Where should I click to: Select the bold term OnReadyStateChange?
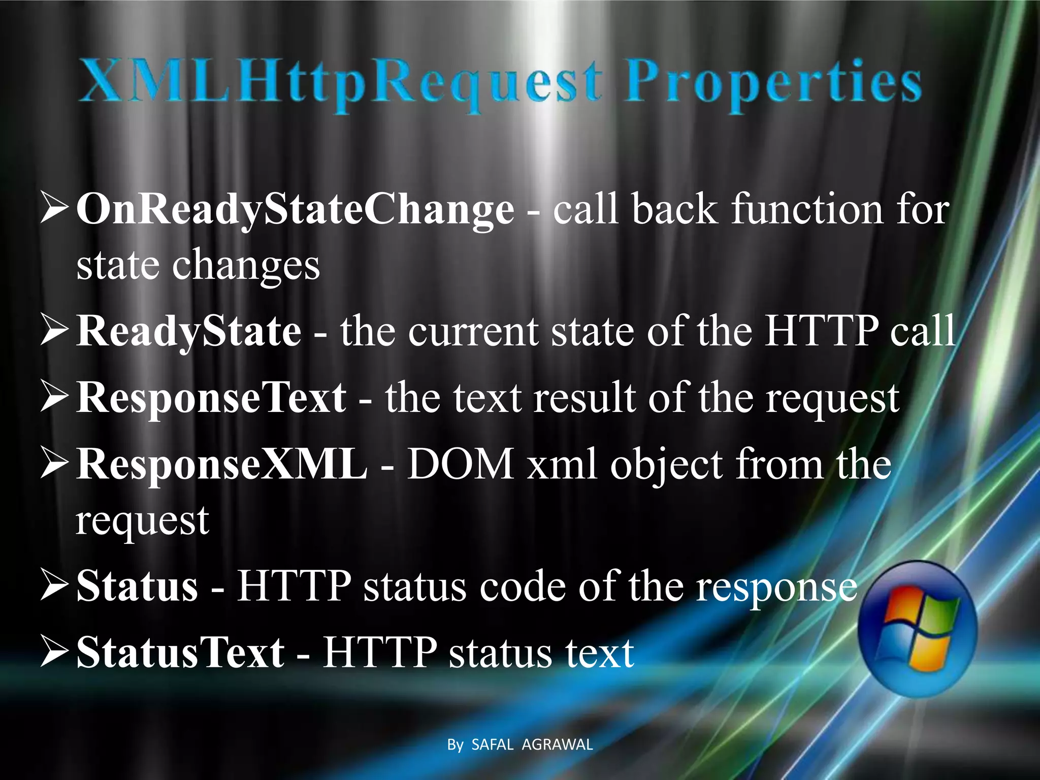pyautogui.click(x=295, y=209)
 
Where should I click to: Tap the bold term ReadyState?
pyautogui.click(x=188, y=331)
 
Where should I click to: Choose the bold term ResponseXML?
pyautogui.click(x=221, y=464)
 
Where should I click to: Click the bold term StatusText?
pyautogui.click(x=180, y=653)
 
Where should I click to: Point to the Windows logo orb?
pyautogui.click(x=917, y=629)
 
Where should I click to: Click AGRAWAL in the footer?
pyautogui.click(x=557, y=745)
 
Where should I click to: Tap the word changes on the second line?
pyautogui.click(x=246, y=265)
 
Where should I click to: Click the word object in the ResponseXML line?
pyautogui.click(x=666, y=465)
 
